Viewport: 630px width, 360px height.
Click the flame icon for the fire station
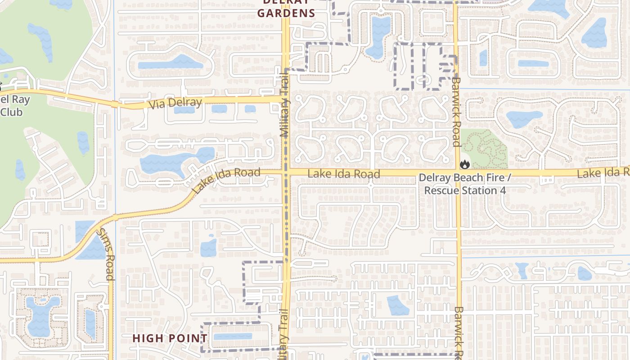pyautogui.click(x=464, y=165)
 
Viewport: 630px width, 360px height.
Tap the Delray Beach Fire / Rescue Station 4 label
pyautogui.click(x=465, y=184)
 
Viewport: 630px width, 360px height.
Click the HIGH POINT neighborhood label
pyautogui.click(x=170, y=338)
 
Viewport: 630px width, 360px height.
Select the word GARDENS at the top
pyautogui.click(x=286, y=13)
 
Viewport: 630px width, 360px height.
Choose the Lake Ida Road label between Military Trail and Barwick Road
pyautogui.click(x=344, y=174)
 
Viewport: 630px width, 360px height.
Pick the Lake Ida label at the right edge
pyautogui.click(x=603, y=173)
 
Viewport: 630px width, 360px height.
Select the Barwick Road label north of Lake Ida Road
pyautogui.click(x=456, y=112)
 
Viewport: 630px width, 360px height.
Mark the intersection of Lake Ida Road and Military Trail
pyautogui.click(x=285, y=172)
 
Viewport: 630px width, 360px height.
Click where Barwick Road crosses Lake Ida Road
pyautogui.click(x=457, y=173)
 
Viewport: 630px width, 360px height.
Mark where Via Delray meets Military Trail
pyautogui.click(x=285, y=99)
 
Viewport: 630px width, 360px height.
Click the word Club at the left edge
pyautogui.click(x=11, y=112)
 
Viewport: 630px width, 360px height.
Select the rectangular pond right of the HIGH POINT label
pyautogui.click(x=233, y=336)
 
